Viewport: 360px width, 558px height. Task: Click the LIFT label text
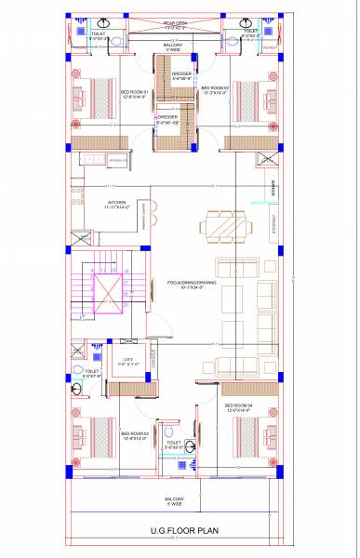pyautogui.click(x=127, y=359)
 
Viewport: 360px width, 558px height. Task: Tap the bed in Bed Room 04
pyautogui.click(x=253, y=433)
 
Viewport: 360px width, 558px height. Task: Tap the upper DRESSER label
pyautogui.click(x=183, y=76)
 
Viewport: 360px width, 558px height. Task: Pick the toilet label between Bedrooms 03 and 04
pyautogui.click(x=174, y=445)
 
